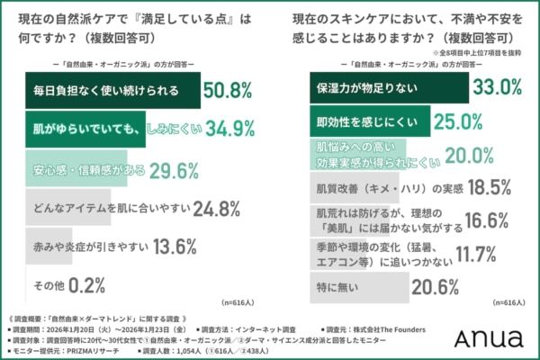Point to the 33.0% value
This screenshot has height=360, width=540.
498,88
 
